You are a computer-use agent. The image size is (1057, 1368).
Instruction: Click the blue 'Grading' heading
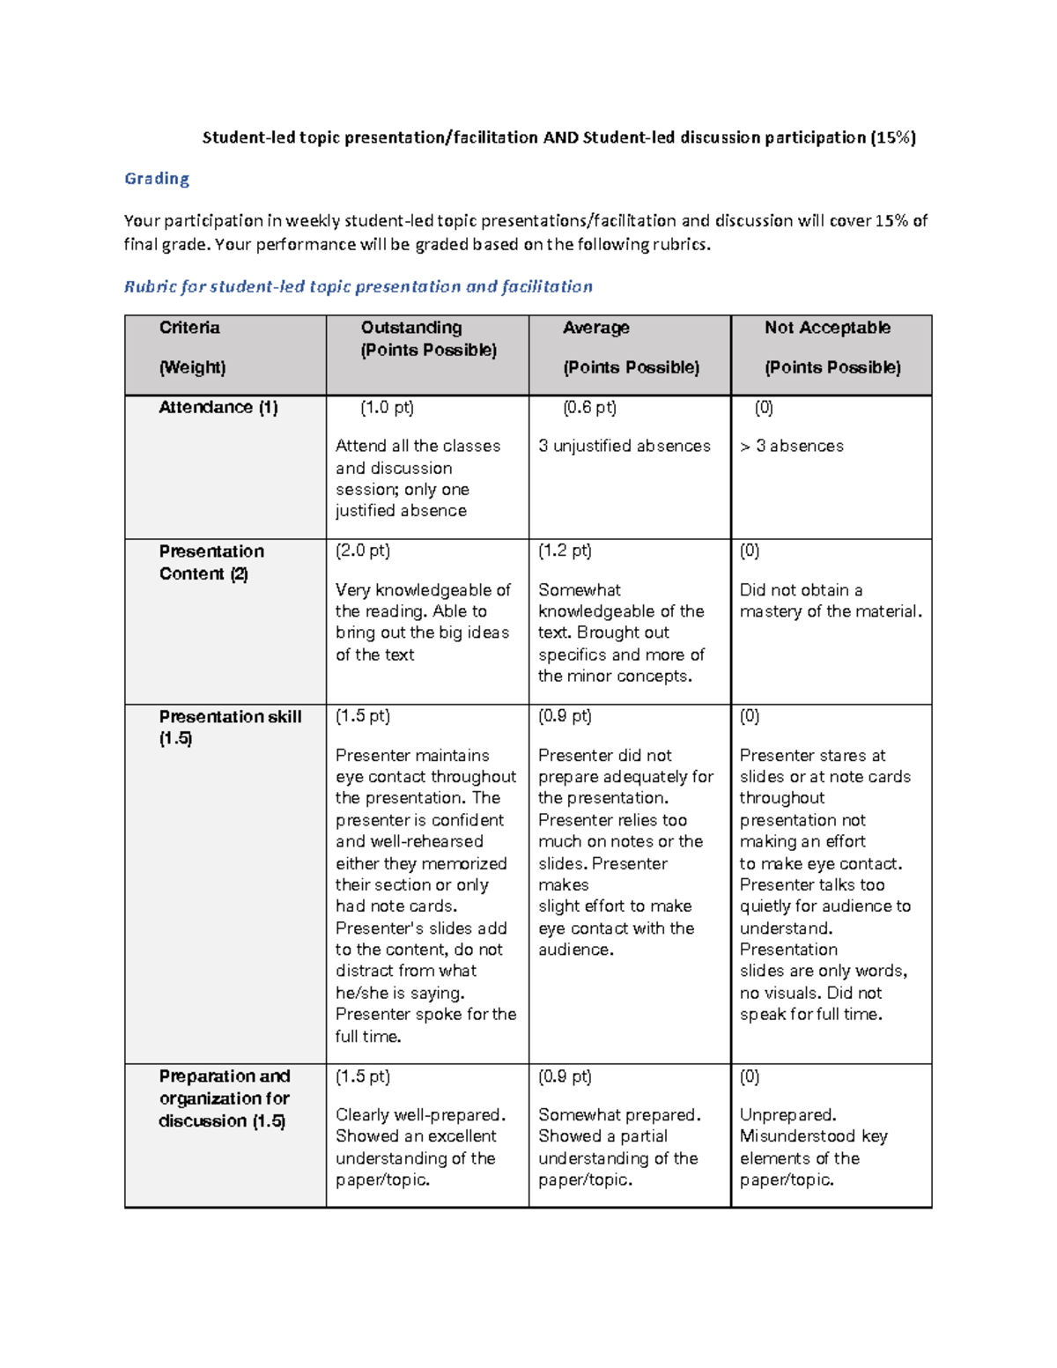point(157,179)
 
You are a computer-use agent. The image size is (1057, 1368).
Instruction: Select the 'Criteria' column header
point(189,328)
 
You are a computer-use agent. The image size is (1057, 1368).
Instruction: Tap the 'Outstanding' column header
point(411,328)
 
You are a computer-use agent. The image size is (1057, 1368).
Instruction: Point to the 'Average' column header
point(596,328)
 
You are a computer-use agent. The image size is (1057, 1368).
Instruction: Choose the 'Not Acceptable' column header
point(827,328)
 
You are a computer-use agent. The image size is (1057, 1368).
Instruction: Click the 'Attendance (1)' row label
point(218,407)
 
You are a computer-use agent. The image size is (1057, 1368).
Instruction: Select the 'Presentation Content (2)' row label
point(211,562)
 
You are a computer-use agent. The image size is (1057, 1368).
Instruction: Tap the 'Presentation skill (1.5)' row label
point(230,727)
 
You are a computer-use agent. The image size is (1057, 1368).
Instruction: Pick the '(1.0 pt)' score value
point(387,407)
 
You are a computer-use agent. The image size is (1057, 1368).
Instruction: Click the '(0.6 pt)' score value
point(589,407)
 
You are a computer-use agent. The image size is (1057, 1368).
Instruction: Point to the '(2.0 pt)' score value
point(363,551)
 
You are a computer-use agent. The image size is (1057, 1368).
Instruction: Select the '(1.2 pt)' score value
point(565,551)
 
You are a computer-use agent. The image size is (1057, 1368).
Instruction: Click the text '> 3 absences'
point(792,446)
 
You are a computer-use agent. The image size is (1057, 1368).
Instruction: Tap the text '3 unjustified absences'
point(625,446)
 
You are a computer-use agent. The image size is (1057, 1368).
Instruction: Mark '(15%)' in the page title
point(893,137)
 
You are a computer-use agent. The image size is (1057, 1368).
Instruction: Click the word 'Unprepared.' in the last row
point(787,1114)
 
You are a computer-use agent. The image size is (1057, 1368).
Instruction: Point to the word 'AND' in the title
point(560,137)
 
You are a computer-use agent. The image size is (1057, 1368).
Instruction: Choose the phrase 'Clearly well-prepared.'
point(421,1114)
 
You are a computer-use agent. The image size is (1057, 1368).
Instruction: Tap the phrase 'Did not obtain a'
point(801,589)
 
